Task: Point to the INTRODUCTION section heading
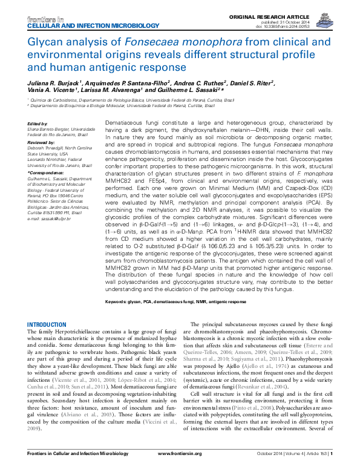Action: (48, 325)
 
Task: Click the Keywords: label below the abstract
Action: (117, 301)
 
